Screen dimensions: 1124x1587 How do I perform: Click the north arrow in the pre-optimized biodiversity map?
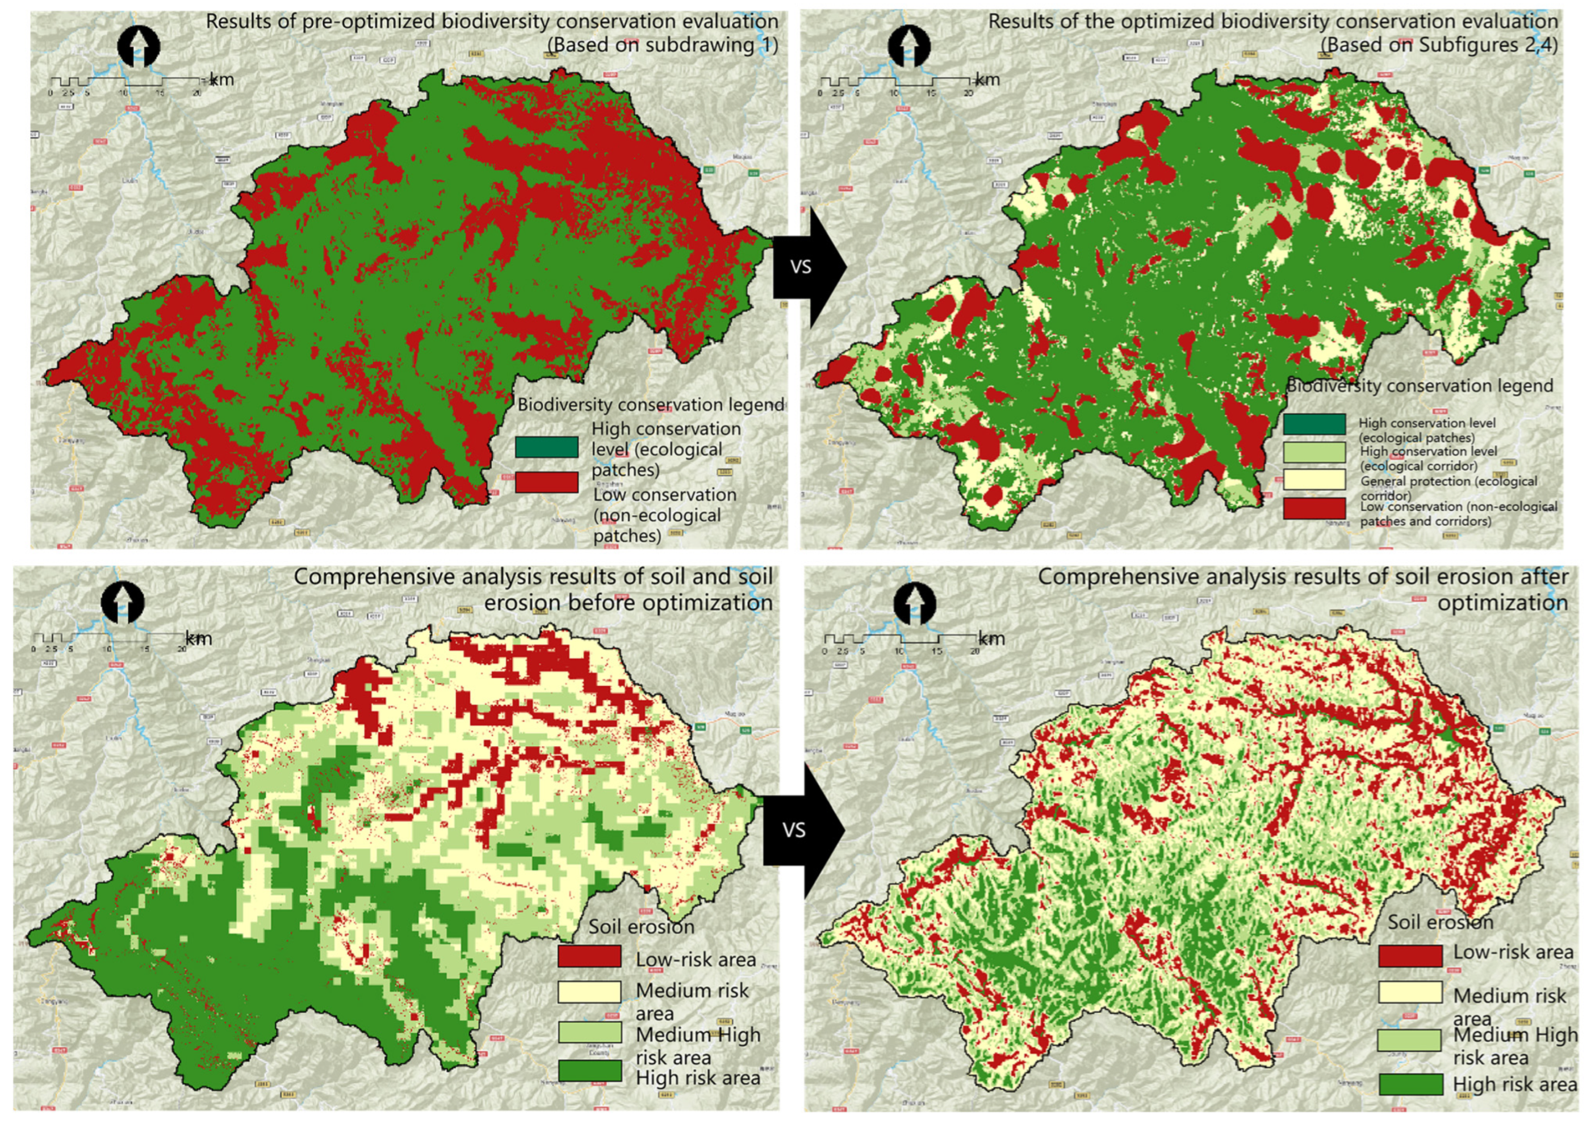point(139,47)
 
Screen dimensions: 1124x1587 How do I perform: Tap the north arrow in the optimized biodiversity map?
point(909,47)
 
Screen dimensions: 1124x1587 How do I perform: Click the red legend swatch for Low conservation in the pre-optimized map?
point(546,482)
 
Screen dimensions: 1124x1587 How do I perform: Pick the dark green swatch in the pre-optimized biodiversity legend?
point(546,447)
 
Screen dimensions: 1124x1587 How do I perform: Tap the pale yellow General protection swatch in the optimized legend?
point(1314,479)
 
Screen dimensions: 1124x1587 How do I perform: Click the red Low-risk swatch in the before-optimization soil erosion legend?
point(589,957)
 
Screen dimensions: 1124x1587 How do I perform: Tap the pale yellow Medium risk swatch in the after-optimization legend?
point(1410,992)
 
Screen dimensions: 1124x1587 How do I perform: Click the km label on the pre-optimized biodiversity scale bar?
point(221,79)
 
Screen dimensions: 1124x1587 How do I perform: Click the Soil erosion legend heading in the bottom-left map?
point(641,926)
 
